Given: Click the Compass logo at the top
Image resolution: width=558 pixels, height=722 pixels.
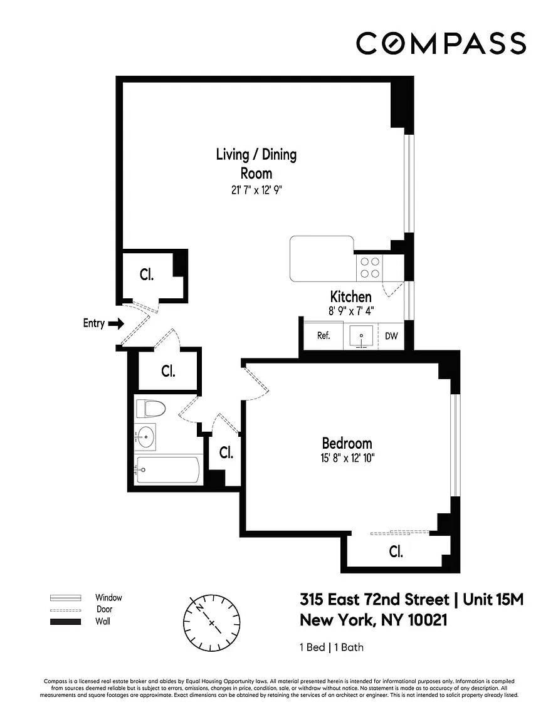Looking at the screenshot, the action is coord(441,43).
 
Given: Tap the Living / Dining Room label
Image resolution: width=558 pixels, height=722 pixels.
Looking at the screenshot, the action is coord(256,164).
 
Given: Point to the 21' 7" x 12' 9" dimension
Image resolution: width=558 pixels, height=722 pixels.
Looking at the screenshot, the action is coord(256,190).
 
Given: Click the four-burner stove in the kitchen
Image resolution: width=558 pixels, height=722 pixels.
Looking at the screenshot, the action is coord(369,268).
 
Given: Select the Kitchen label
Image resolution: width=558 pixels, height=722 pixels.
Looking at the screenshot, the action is coord(350,296).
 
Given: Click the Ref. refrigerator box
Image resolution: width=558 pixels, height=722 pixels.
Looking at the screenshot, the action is coord(324,335).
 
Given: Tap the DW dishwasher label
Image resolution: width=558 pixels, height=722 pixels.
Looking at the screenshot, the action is coord(391,336).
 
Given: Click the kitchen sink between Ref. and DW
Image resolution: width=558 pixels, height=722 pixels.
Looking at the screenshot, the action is coord(361,336).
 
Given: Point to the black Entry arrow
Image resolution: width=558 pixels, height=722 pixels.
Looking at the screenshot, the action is coord(115,323).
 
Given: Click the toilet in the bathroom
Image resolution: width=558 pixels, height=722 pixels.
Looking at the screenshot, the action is coord(150,409).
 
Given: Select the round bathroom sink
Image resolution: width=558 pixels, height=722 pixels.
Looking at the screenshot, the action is coord(146,436).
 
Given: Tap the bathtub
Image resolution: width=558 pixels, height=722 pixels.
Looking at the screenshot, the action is coord(168,469).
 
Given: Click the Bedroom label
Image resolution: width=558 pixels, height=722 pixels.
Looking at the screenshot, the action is coord(347,444).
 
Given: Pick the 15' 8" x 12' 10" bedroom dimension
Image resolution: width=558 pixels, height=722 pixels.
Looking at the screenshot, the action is coord(347,458).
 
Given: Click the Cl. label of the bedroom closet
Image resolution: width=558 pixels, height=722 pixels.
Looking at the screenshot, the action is coord(396,551).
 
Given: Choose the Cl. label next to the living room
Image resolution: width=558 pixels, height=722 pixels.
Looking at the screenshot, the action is coord(147,275).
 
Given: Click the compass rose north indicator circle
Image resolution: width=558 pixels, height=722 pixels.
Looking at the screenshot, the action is coord(212,623).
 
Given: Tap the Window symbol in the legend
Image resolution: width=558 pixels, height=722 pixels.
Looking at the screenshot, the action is coord(65,598).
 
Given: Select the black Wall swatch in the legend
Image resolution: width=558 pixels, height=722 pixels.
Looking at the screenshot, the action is coord(65,622).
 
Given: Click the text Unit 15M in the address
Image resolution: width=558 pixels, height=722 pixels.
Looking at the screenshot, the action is coord(493,600).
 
